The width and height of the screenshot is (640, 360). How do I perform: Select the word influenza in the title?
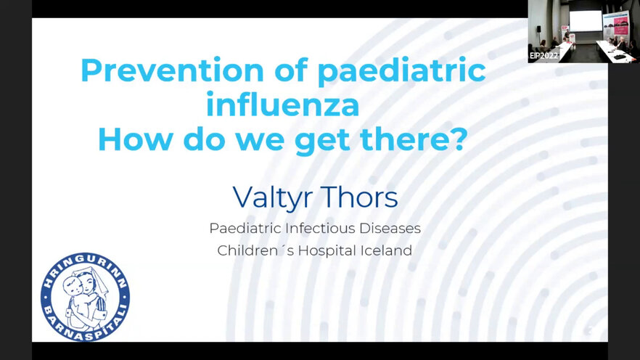[x=282, y=104]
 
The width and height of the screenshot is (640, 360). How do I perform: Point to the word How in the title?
[x=136, y=139]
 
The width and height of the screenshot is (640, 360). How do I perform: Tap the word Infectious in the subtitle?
[x=315, y=228]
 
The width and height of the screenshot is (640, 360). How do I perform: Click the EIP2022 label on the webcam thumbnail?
[x=543, y=55]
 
